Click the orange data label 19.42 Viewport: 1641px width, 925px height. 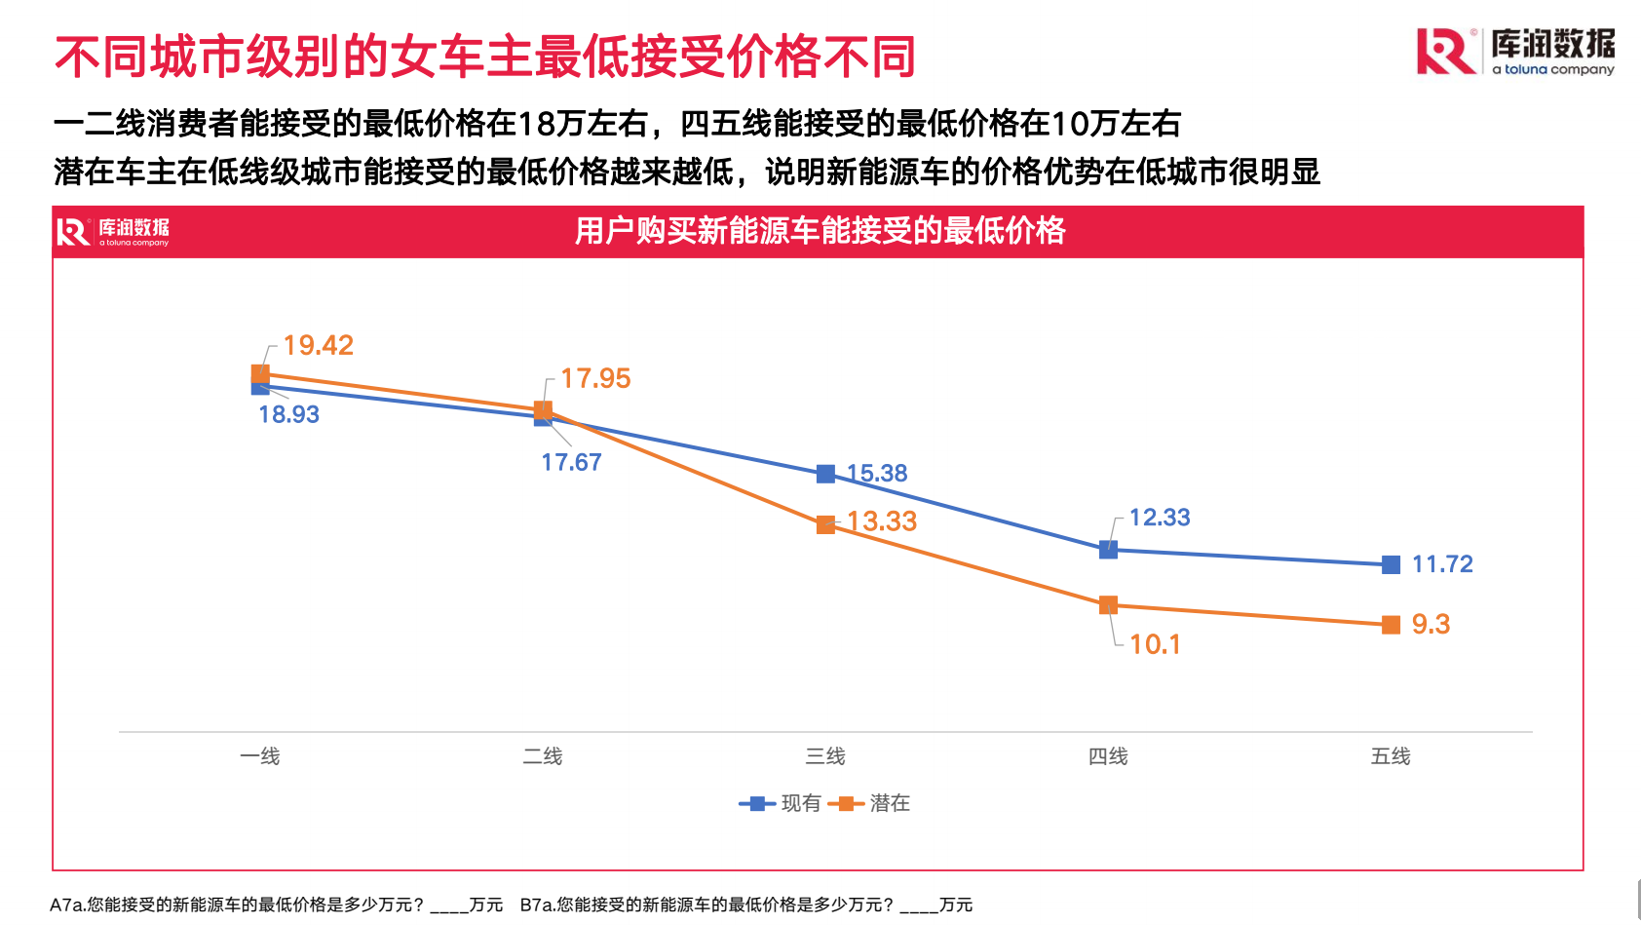pyautogui.click(x=318, y=345)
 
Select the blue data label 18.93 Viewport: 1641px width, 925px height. pyautogui.click(x=288, y=414)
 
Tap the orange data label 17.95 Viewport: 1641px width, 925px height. pyautogui.click(x=595, y=378)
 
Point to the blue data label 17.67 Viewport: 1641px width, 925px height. pyautogui.click(x=571, y=462)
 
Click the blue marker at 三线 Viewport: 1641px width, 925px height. pyautogui.click(x=825, y=474)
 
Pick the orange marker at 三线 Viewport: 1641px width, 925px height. pyautogui.click(x=825, y=524)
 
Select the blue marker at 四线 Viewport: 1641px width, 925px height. pyautogui.click(x=1108, y=550)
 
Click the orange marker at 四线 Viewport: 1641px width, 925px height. pyautogui.click(x=1108, y=605)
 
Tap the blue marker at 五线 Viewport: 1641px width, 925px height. pyautogui.click(x=1391, y=564)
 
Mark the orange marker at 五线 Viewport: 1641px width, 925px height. pyautogui.click(x=1391, y=625)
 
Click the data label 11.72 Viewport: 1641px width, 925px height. pyautogui.click(x=1442, y=564)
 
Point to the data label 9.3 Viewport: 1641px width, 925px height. pyautogui.click(x=1431, y=624)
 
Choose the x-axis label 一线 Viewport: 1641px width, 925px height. pyautogui.click(x=260, y=756)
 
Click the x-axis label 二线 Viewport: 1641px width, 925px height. pyautogui.click(x=543, y=756)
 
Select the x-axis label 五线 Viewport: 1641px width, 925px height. pyautogui.click(x=1391, y=756)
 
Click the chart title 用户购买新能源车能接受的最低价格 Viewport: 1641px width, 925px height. pyautogui.click(x=820, y=231)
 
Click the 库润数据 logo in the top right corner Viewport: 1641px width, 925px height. pyautogui.click(x=1515, y=52)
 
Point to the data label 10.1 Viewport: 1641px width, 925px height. pyautogui.click(x=1155, y=644)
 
